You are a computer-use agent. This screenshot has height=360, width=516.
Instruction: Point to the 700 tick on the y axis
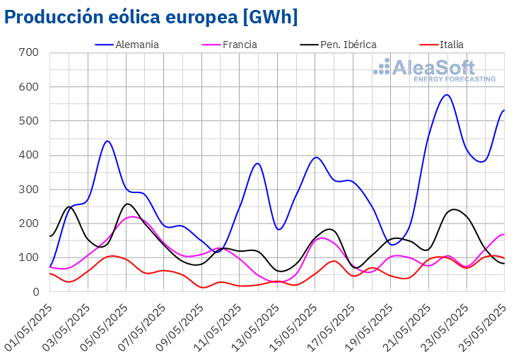pos(29,53)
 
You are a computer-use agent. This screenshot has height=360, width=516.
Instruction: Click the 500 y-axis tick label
pos(29,121)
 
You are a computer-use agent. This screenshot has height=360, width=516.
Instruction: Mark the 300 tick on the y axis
pos(29,190)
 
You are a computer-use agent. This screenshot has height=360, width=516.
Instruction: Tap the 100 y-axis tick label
pos(29,257)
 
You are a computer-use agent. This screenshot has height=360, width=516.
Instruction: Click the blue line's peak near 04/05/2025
pos(107,141)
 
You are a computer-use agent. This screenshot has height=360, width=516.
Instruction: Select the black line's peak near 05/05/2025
pos(127,204)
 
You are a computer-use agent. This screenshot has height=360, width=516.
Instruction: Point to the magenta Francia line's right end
pos(503,234)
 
